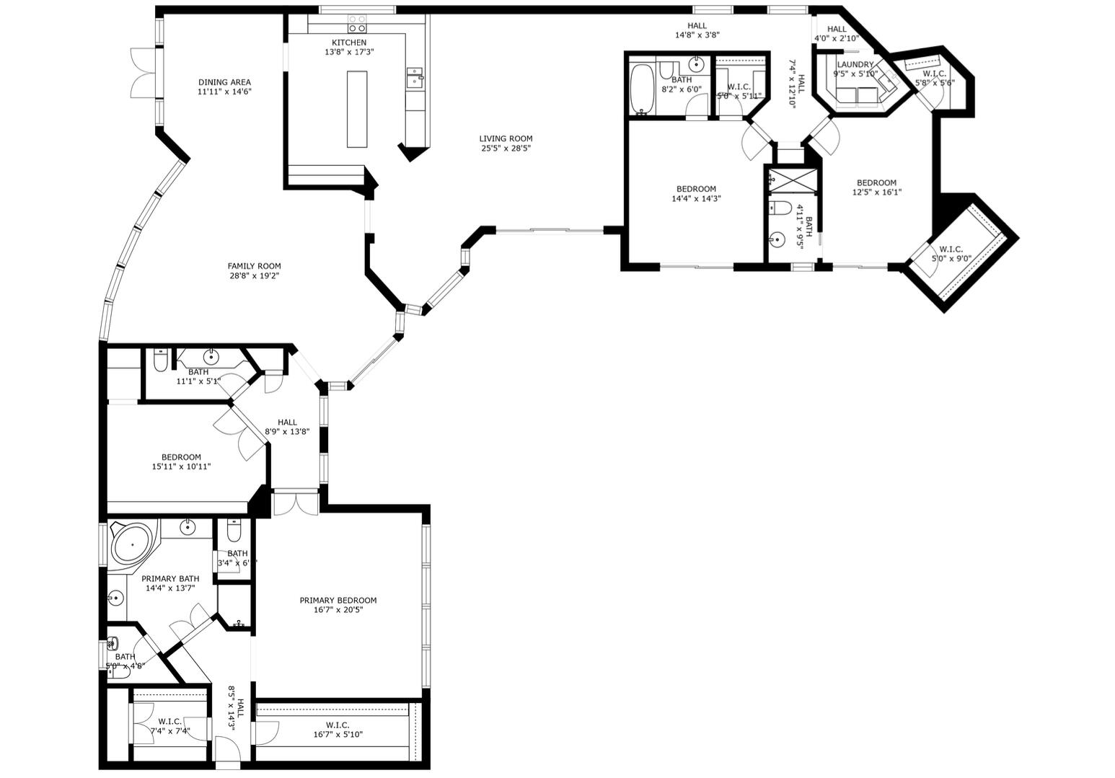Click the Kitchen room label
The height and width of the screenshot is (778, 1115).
point(349,43)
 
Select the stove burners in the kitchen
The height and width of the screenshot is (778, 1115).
point(357,24)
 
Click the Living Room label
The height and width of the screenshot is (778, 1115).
point(506,138)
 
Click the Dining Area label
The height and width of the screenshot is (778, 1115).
point(224,82)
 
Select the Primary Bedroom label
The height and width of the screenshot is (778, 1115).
point(338,600)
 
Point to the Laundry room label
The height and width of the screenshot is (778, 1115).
point(855,64)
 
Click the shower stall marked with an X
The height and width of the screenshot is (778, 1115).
point(793,180)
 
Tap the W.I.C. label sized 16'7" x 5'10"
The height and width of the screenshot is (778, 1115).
point(338,725)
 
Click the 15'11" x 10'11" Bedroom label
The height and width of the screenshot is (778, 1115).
point(181,456)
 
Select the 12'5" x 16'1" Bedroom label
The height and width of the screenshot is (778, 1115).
point(876,182)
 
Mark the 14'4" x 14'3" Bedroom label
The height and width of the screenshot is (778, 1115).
point(696,189)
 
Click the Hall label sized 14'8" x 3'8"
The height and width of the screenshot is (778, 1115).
point(697,26)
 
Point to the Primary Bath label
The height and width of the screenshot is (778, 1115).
point(170,578)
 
